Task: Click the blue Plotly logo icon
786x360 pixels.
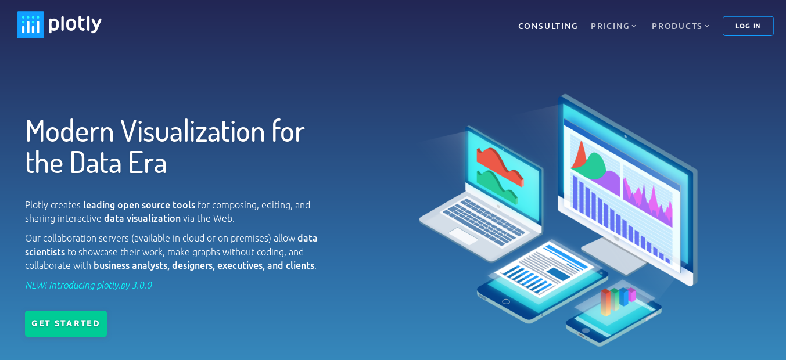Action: pos(31,24)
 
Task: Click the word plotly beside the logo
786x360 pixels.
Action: pos(75,24)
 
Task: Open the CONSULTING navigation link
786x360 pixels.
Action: pos(548,26)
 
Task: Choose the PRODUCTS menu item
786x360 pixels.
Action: pos(680,26)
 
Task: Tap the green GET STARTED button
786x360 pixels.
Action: pos(66,323)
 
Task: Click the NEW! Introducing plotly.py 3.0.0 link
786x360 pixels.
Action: pos(88,285)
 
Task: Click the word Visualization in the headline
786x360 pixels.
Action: pos(193,131)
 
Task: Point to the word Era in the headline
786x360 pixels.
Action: pos(148,163)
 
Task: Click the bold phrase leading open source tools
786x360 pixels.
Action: pos(139,205)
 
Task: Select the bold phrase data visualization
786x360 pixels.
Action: pos(142,218)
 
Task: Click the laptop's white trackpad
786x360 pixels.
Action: pos(463,236)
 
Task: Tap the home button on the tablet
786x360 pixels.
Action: pos(505,301)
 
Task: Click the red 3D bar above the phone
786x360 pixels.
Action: pos(606,302)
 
